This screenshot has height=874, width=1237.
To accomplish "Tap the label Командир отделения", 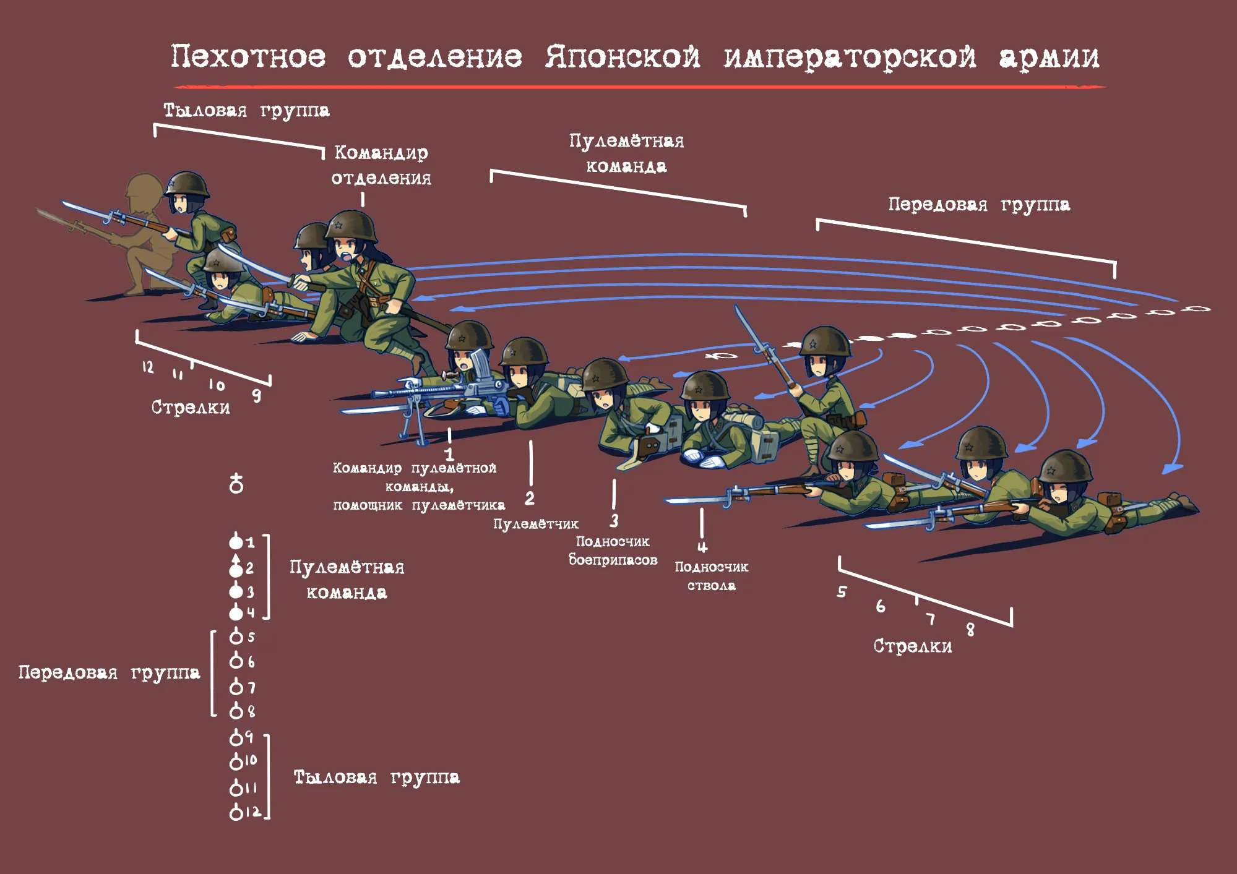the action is tap(381, 165).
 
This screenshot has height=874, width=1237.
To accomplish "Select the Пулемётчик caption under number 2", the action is tap(536, 524).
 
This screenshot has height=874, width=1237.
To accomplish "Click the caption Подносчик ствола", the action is tap(712, 576).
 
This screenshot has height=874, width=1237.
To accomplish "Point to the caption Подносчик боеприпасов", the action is tap(613, 551).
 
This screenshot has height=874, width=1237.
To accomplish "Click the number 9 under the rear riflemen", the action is tap(256, 395).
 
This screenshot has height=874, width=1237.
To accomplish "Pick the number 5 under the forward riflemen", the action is tap(842, 591).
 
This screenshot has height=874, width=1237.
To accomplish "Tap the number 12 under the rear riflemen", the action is tap(147, 366).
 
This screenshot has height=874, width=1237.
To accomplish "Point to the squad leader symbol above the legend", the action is tap(236, 483).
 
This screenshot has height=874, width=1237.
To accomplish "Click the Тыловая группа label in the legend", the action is tap(376, 777).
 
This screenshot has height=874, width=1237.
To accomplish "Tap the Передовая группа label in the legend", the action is tap(109, 672).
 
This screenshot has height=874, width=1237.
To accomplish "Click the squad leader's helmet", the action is tap(351, 226).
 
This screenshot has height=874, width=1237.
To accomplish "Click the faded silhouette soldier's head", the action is tap(144, 189).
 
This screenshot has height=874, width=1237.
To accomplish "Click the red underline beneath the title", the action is tap(639, 87).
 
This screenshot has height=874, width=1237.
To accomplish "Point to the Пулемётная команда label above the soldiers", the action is tap(626, 153).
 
